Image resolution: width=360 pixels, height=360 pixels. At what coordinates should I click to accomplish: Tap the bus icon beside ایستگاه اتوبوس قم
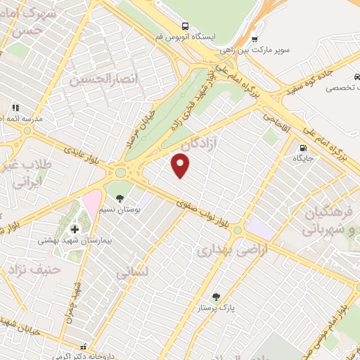tap(186, 25)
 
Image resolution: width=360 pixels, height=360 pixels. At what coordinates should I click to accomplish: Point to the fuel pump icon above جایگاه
tap(303, 148)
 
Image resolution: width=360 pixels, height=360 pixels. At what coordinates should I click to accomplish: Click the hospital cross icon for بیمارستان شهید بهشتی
tap(75, 229)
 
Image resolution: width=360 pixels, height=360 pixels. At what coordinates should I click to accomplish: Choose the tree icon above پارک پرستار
tap(215, 296)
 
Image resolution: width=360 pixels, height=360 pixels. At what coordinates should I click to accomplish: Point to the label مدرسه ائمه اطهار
tap(21, 119)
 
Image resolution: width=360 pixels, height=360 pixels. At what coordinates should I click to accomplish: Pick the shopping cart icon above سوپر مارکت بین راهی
tap(254, 39)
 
